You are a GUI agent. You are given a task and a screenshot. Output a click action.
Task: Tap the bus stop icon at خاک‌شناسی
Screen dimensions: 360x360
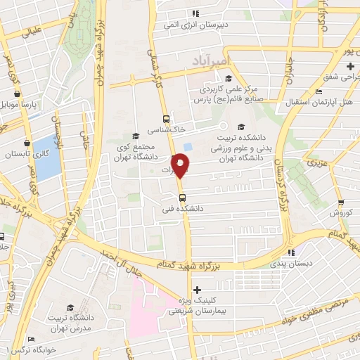[x=166, y=119]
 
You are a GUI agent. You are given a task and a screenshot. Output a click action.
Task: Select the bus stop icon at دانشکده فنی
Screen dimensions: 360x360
[x=183, y=198]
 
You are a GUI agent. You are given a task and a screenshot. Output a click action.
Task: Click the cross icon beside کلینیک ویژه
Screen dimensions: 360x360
[x=197, y=289]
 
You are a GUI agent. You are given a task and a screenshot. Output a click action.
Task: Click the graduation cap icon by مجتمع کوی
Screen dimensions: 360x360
[x=134, y=136]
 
